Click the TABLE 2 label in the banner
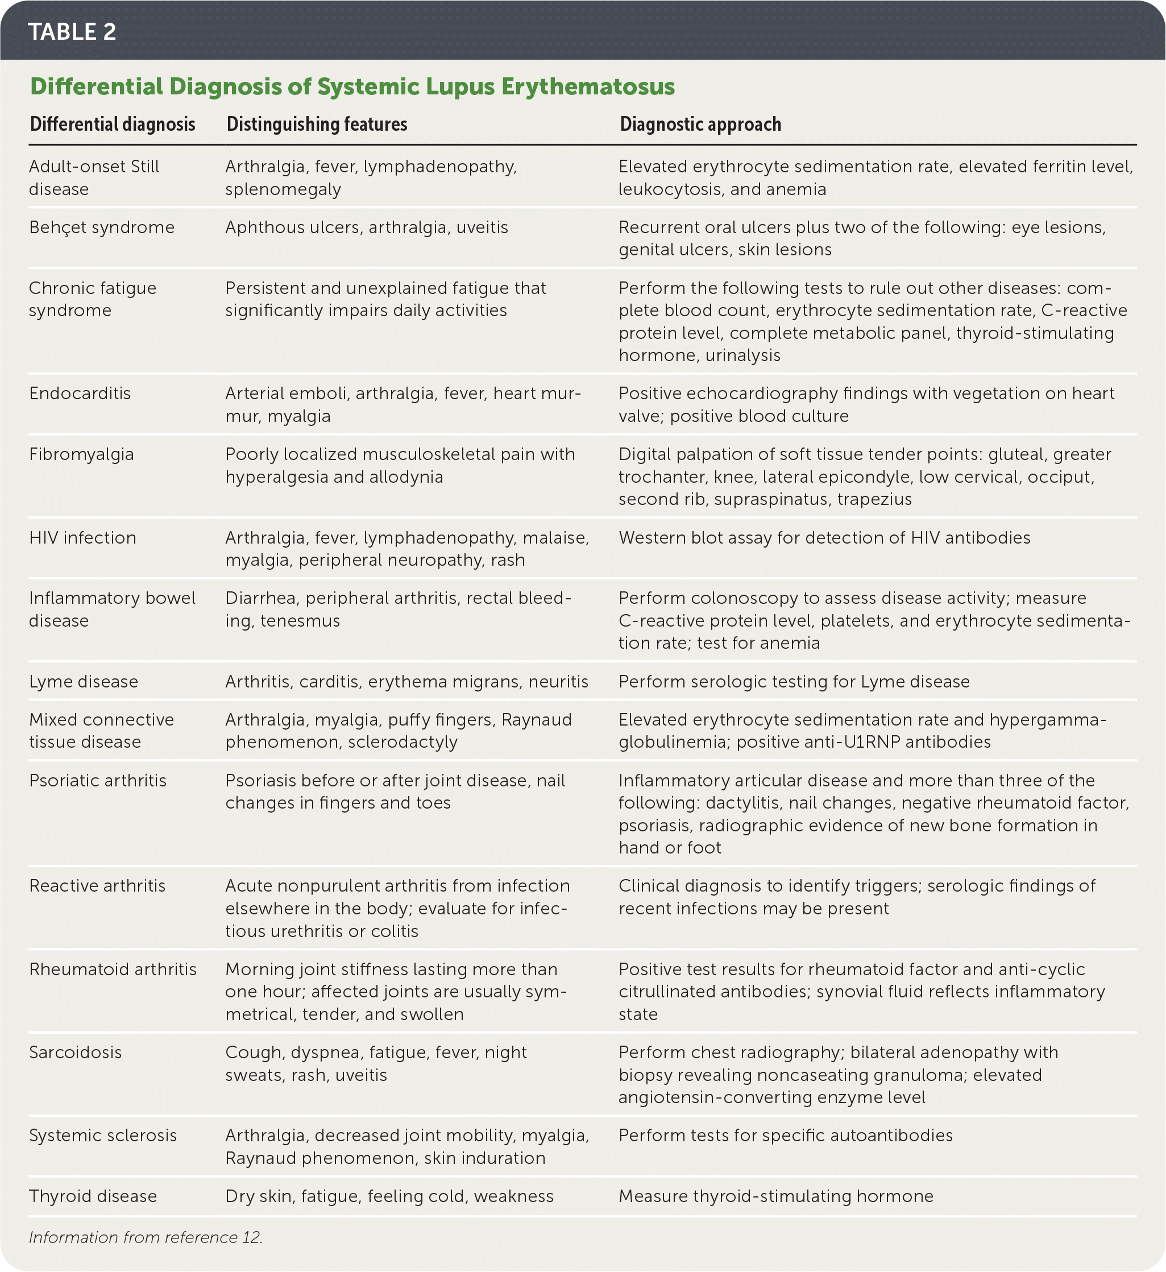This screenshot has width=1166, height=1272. point(72,31)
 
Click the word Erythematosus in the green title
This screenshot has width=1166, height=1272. point(587,86)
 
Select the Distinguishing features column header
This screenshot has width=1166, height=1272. point(317,125)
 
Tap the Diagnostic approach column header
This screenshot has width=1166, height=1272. point(700,125)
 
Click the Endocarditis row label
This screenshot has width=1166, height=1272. point(80,393)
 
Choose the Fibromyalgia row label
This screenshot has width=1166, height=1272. point(81,454)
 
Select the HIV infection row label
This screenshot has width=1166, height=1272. point(82,537)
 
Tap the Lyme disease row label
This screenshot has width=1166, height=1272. point(83,681)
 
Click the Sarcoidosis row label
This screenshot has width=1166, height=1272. point(75,1053)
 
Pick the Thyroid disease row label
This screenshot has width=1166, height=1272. point(93,1196)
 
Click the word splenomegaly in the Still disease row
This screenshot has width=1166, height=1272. point(283,189)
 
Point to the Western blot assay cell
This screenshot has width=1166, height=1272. point(824,537)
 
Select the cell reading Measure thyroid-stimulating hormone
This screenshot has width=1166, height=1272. point(775,1196)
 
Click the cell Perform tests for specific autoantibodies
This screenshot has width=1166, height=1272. point(785,1136)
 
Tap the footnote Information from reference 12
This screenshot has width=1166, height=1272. point(146,1237)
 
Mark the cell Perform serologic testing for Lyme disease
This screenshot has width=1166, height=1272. point(794,681)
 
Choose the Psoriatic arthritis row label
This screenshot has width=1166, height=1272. point(98,781)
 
